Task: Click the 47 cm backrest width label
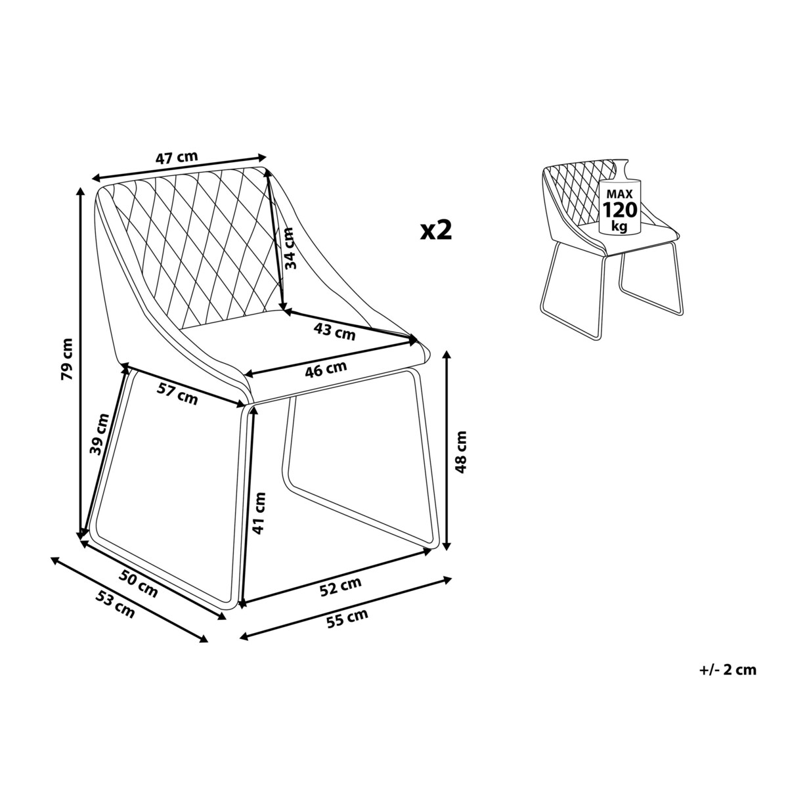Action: [x=176, y=158]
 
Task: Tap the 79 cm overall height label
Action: [x=67, y=359]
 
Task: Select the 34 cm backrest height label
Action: [x=290, y=248]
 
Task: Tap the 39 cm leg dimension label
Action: [x=100, y=435]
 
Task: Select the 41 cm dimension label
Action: [x=259, y=514]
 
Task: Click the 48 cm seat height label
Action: [x=460, y=452]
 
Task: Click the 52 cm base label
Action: [x=341, y=587]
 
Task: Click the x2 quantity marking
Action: [x=436, y=230]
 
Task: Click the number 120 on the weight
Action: [x=620, y=209]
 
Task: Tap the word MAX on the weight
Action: [x=619, y=193]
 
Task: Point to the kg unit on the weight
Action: [x=619, y=226]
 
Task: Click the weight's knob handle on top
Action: [x=621, y=166]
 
